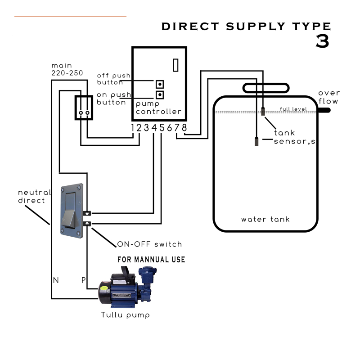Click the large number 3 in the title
coord(322,41)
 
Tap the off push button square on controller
coord(159,84)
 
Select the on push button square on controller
coord(159,94)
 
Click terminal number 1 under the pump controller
coord(133,128)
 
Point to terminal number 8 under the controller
coord(184,128)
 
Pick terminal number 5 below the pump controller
coord(162,128)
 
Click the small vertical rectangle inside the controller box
coord(176,65)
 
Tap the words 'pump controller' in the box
coord(158,108)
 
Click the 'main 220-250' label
coord(67,69)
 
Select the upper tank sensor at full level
coord(263,112)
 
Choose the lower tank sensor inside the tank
coord(256,142)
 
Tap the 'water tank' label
coord(265,220)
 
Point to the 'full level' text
coord(293,109)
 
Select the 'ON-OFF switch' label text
coord(149,244)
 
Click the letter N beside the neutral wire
coord(56,280)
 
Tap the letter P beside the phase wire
coord(83,280)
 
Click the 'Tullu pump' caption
coord(126,315)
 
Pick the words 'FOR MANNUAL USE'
coord(151,260)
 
